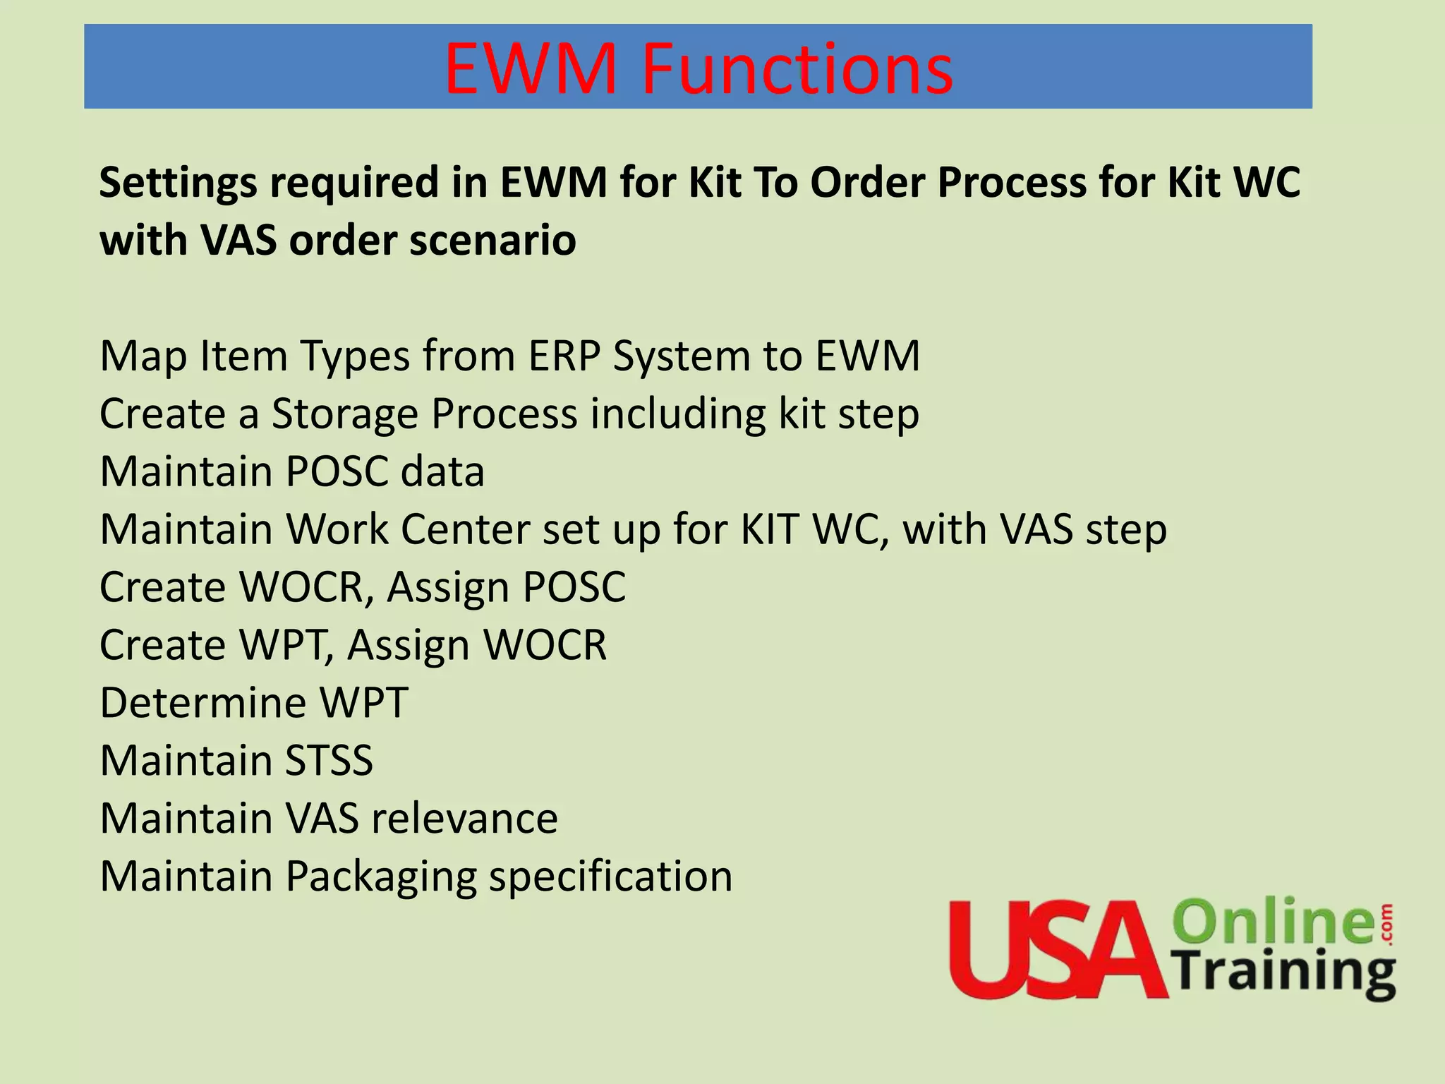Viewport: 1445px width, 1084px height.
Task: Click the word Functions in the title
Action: [x=797, y=68]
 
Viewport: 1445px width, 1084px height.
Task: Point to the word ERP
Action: [x=564, y=356]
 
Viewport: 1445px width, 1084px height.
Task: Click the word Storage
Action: [x=345, y=414]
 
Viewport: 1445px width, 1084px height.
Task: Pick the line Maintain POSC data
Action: [x=292, y=471]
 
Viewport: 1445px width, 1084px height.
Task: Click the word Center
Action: [x=465, y=529]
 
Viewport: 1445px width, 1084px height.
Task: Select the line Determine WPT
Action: [x=254, y=703]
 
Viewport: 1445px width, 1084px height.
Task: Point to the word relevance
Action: [x=464, y=819]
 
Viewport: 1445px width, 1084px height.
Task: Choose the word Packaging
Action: [x=381, y=877]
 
